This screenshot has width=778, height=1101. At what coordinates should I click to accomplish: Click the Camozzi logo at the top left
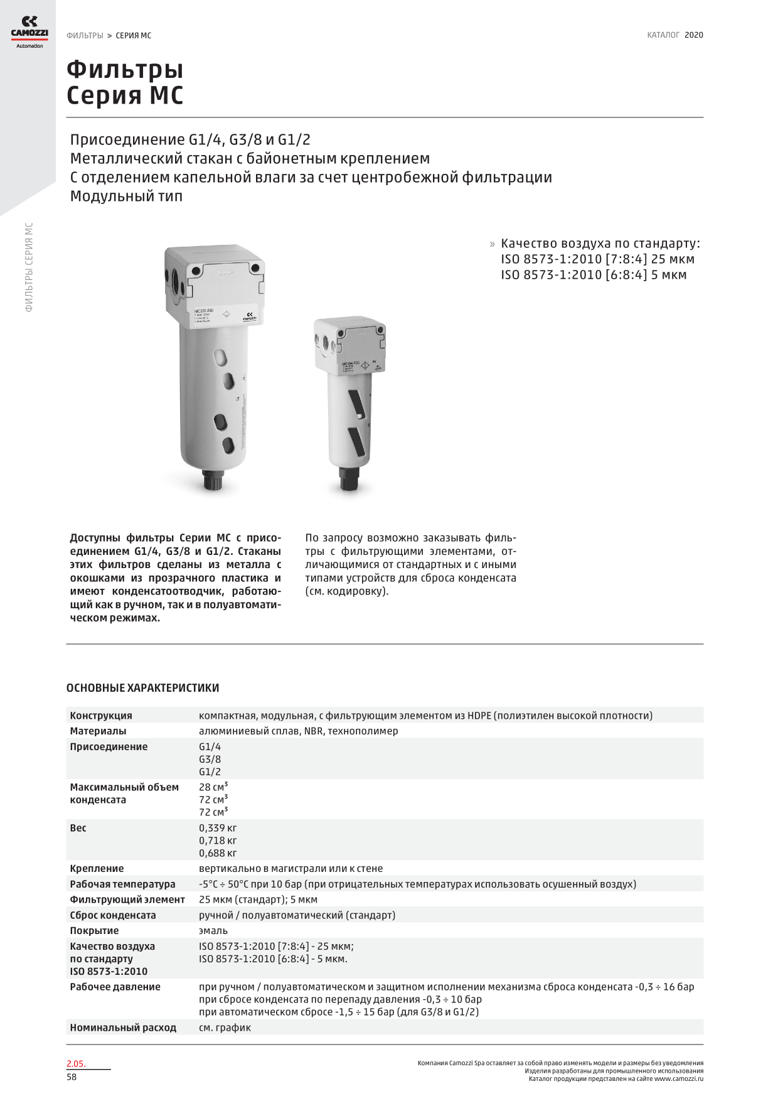[29, 32]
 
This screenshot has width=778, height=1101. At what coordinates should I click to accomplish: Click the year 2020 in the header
[693, 35]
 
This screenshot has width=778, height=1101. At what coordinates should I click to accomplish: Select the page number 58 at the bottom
[72, 1077]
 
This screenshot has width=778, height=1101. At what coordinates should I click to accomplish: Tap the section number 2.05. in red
[76, 1063]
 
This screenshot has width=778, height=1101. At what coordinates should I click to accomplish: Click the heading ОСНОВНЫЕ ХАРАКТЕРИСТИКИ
[142, 688]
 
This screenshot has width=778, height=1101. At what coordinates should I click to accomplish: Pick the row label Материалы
[98, 731]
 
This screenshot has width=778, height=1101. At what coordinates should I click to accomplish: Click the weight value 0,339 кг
[218, 828]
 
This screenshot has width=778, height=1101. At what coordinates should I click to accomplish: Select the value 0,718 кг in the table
[218, 841]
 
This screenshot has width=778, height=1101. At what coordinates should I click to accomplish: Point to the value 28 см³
[213, 787]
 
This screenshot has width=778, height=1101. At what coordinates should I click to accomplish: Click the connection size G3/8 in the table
[210, 759]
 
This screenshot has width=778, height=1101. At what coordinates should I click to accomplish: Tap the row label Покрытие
[94, 930]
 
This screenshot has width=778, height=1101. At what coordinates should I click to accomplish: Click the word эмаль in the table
[213, 930]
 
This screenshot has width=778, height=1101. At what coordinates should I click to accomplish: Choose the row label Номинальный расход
[123, 1028]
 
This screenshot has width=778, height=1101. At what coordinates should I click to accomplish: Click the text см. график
[225, 1028]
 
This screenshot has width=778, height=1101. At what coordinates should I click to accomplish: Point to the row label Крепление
[97, 868]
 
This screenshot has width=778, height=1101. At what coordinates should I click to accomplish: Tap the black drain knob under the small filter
[347, 480]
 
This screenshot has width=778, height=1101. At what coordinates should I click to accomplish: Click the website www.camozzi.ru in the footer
[678, 1079]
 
